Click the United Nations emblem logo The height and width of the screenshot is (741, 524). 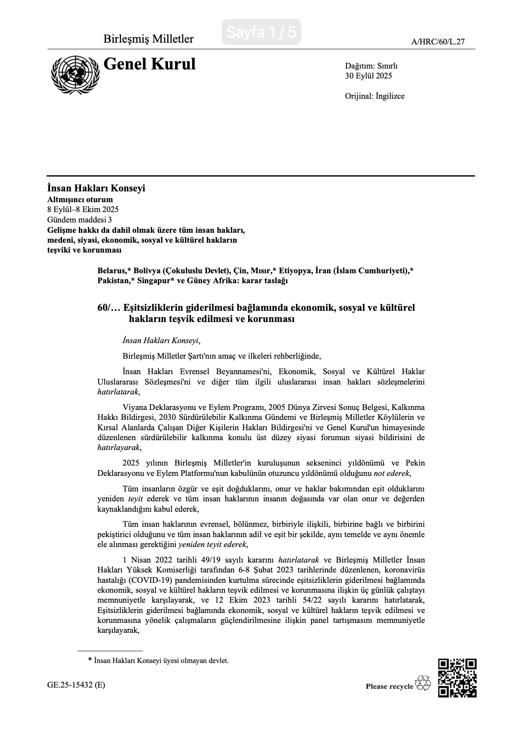[75, 75]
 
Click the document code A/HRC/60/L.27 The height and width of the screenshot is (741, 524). [438, 42]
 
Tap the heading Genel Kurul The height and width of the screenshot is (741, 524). [150, 64]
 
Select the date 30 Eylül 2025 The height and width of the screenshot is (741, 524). [368, 76]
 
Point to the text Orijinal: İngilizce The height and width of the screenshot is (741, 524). [374, 96]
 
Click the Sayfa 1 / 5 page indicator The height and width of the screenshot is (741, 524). [261, 32]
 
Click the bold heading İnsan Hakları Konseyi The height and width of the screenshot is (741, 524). [96, 188]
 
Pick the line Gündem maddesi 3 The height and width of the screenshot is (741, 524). [80, 219]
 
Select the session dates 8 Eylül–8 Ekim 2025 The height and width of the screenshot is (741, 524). [83, 209]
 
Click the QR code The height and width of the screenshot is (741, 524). [457, 678]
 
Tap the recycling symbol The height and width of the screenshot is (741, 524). [423, 683]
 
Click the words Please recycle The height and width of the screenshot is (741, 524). [389, 686]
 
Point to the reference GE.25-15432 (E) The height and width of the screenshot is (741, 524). [76, 685]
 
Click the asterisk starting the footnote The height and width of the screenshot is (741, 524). [90, 660]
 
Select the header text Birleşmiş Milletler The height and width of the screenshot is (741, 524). [148, 39]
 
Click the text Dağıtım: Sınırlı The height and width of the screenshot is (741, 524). [371, 66]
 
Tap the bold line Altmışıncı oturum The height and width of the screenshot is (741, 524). [80, 200]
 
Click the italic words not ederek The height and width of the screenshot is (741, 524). [389, 473]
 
